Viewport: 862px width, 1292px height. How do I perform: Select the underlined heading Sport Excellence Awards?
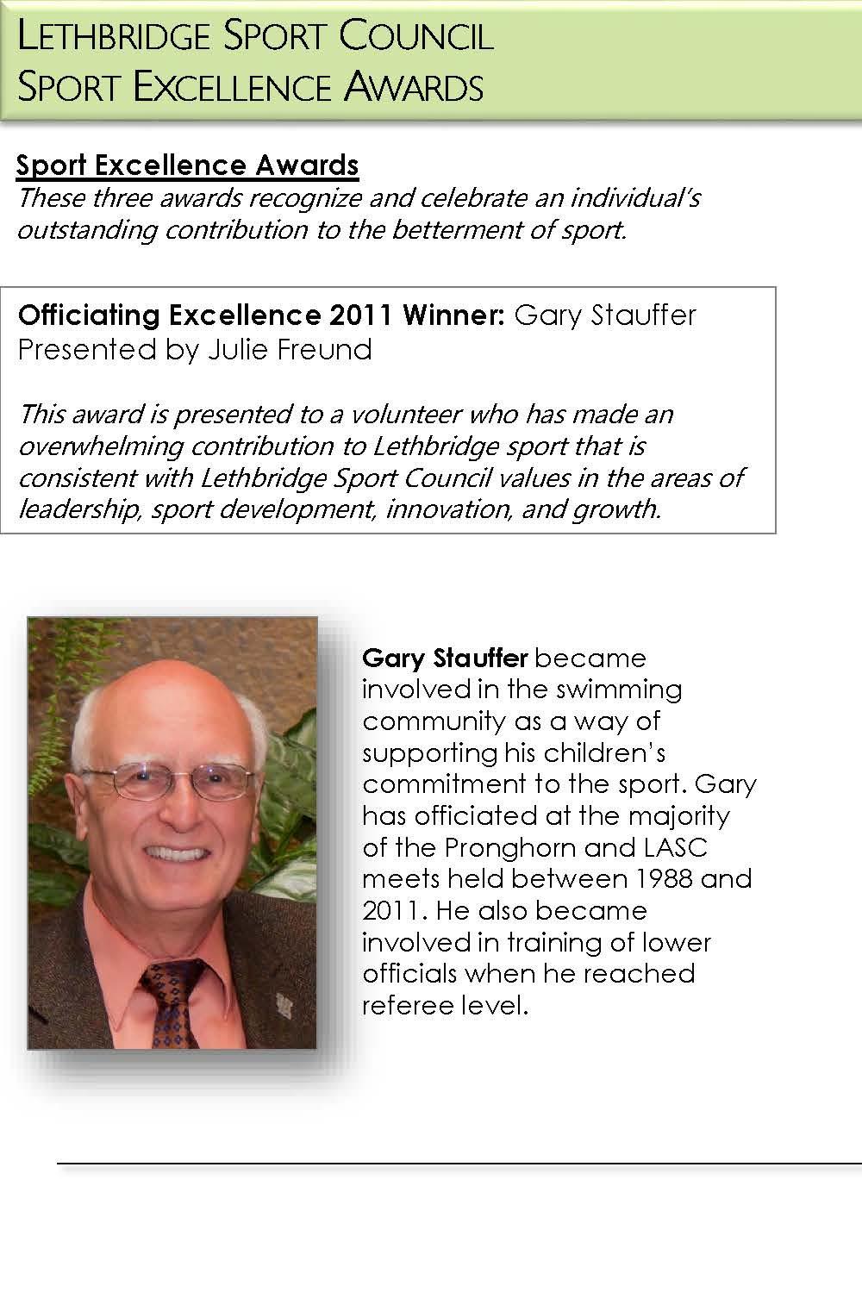pos(188,165)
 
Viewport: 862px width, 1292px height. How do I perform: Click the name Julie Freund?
pos(288,349)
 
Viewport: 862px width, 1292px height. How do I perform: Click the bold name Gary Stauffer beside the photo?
pos(444,658)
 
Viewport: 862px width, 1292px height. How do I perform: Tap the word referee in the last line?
pos(408,1005)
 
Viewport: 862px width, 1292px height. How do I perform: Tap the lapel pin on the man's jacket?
pos(282,1005)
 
